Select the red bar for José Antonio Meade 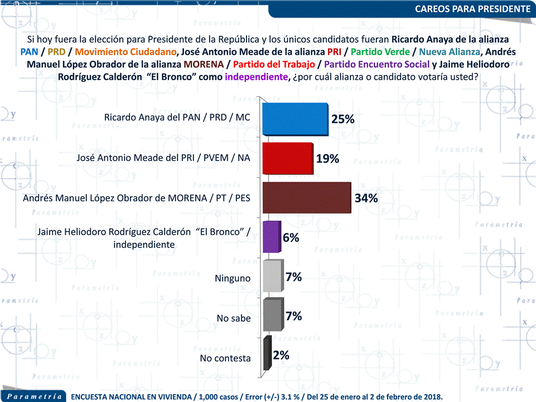pyautogui.click(x=287, y=159)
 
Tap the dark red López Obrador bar pyautogui.click(x=306, y=198)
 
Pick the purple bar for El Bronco pyautogui.click(x=270, y=238)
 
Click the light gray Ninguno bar pyautogui.click(x=272, y=277)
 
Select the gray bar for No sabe pyautogui.click(x=272, y=316)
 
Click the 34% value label pyautogui.click(x=366, y=198)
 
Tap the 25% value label pyautogui.click(x=342, y=119)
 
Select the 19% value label pyautogui.click(x=327, y=158)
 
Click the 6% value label pyautogui.click(x=291, y=237)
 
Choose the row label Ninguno pyautogui.click(x=233, y=278)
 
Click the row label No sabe pyautogui.click(x=233, y=318)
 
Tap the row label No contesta pyautogui.click(x=225, y=358)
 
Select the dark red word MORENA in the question pyautogui.click(x=210, y=64)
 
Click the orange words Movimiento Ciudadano pyautogui.click(x=126, y=52)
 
